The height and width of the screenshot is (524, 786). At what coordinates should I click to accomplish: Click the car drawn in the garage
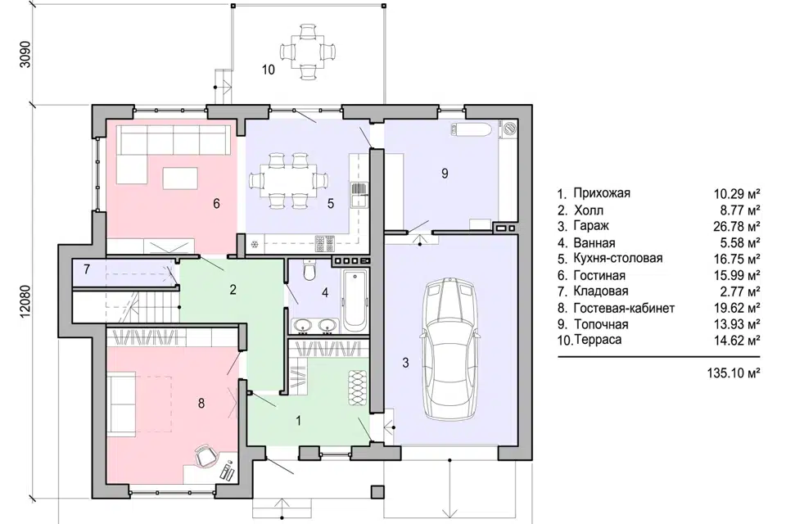[449, 348]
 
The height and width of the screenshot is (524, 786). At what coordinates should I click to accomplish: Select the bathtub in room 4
[355, 300]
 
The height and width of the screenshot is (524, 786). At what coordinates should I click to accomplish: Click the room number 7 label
[87, 269]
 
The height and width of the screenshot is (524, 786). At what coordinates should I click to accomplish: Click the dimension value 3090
[25, 54]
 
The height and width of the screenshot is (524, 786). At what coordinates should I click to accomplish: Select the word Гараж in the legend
[591, 226]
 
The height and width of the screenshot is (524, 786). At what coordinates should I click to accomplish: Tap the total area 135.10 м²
[734, 373]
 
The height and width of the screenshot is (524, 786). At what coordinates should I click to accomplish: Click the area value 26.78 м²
[736, 226]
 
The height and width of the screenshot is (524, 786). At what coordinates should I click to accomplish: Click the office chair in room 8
[206, 455]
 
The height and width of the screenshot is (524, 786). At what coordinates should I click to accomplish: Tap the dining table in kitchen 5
[288, 180]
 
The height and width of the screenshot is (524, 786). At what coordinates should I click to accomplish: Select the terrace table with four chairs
[307, 52]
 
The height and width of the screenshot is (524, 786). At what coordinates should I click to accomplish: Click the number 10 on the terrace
[269, 70]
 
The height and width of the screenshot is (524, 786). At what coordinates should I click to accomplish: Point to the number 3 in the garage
[405, 363]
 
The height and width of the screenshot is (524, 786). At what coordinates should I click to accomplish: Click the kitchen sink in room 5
[359, 195]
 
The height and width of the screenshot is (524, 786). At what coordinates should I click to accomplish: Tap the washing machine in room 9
[510, 128]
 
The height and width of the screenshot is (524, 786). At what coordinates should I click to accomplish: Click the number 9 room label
[445, 174]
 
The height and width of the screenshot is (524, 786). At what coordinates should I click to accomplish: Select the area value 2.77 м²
[739, 291]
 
